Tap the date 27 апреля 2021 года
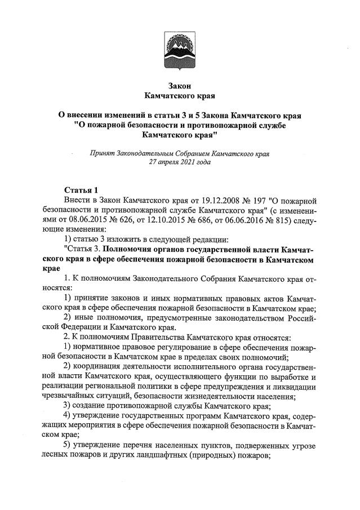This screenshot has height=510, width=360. coord(180,162)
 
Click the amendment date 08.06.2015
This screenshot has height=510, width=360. coord(103,220)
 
